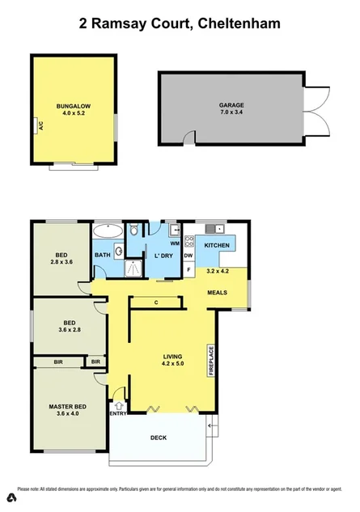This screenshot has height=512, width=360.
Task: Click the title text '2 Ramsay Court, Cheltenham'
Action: (x=180, y=24)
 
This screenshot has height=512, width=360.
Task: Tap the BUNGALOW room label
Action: (x=74, y=105)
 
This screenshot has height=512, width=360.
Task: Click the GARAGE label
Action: (x=231, y=105)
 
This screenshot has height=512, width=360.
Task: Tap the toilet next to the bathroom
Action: (x=138, y=231)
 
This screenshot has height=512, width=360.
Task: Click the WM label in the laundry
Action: (x=174, y=243)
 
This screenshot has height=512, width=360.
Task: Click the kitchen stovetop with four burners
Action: (x=189, y=239)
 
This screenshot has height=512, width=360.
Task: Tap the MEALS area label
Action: (x=217, y=292)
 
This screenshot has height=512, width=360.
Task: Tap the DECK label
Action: (x=159, y=438)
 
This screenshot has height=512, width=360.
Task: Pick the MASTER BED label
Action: (x=68, y=407)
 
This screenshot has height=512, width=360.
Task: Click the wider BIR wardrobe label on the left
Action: (x=58, y=362)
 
